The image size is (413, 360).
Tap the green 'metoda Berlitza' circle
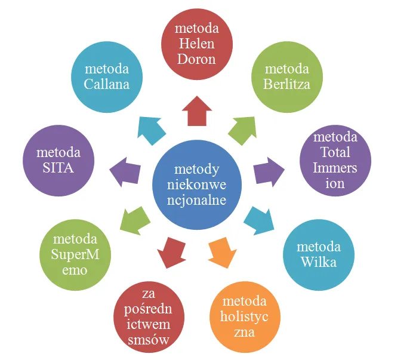click(286, 76)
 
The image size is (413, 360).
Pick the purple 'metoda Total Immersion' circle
click(335, 161)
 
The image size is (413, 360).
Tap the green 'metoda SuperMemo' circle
click(75, 256)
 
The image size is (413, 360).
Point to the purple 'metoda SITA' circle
click(58, 160)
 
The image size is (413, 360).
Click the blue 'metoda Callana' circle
click(107, 76)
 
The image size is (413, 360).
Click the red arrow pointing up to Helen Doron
click(196, 110)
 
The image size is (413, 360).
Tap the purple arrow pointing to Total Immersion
click(268, 171)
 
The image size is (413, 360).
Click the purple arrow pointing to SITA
click(125, 171)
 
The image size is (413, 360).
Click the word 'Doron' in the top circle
click(196, 60)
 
